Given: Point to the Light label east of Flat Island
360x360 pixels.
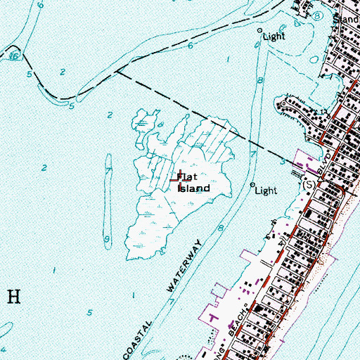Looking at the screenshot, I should pyautogui.click(x=266, y=190).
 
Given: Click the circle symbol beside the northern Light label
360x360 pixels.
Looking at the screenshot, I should pyautogui.click(x=259, y=32).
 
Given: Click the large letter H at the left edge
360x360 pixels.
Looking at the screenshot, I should pyautogui.click(x=12, y=295).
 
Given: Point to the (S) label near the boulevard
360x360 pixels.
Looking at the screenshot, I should pyautogui.click(x=307, y=184).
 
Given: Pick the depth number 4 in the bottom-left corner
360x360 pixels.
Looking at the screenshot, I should pyautogui.click(x=5, y=349).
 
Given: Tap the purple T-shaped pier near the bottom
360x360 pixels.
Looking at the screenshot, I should pyautogui.click(x=214, y=318).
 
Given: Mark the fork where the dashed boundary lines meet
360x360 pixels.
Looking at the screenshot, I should pyautogui.click(x=117, y=70).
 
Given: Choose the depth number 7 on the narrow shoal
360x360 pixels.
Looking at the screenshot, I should pyautogui.click(x=108, y=169).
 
